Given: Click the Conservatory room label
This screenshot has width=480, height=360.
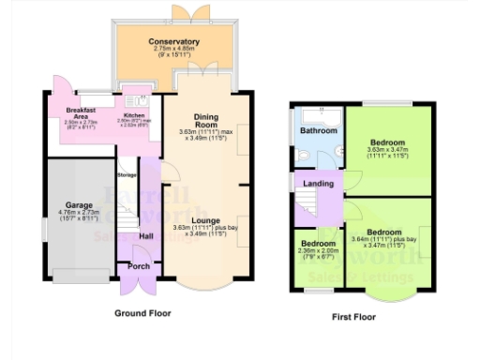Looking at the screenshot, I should click(x=173, y=42).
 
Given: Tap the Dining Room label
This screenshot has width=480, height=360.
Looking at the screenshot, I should click(x=205, y=121).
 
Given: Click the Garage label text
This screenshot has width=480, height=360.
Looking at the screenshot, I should click(x=78, y=204).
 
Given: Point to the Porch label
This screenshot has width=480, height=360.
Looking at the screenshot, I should click(x=137, y=266).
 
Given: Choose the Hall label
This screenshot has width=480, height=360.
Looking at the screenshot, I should click(x=147, y=236).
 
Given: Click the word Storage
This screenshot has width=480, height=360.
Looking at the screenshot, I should click(x=127, y=175).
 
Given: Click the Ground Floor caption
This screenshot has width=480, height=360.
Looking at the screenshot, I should click(x=142, y=312).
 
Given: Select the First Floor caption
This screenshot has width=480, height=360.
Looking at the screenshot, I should click(x=354, y=317).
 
